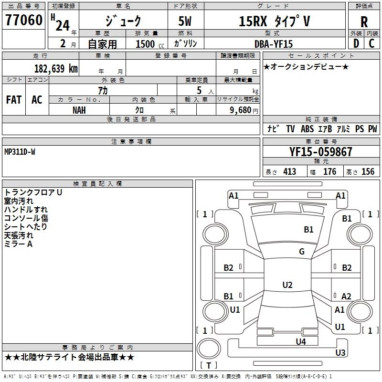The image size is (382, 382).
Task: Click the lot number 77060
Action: click(x=22, y=21)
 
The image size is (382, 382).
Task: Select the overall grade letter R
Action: click(x=364, y=21)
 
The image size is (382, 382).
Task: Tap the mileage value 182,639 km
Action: click(x=56, y=68)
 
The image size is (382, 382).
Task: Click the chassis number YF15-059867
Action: click(x=321, y=152)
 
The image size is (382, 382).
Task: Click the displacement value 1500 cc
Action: click(x=149, y=44)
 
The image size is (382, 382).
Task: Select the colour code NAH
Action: click(x=79, y=109)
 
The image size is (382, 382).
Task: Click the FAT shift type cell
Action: click(x=13, y=100)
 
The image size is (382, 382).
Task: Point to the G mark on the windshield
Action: click(x=302, y=252)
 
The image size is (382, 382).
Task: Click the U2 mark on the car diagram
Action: click(x=287, y=285)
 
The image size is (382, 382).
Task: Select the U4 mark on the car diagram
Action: click(x=300, y=341)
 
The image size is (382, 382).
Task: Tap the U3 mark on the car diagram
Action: click(x=340, y=353)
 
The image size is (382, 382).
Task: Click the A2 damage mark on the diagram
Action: click(x=346, y=296)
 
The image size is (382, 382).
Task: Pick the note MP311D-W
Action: click(x=20, y=152)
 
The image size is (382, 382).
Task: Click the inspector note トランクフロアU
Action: click(x=33, y=192)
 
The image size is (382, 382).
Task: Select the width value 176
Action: click(x=329, y=172)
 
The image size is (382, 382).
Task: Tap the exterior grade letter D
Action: click(x=356, y=43)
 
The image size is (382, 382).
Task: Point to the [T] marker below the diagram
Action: click(x=208, y=365)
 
